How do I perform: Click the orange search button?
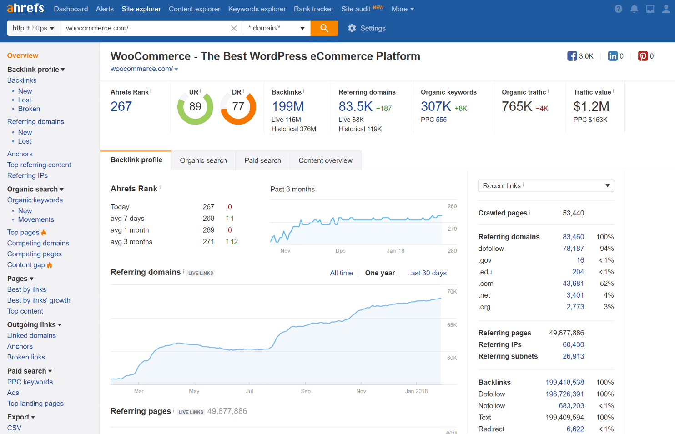click(324, 28)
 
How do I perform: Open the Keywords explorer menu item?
click(257, 9)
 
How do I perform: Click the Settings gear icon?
click(352, 28)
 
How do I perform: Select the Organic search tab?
click(203, 160)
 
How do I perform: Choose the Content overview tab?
click(325, 160)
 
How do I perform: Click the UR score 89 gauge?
click(195, 107)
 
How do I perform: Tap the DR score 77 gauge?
click(238, 107)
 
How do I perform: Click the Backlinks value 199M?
click(287, 106)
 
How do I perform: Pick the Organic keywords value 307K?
click(436, 106)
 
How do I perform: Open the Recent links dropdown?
click(546, 186)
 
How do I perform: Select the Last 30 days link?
click(427, 273)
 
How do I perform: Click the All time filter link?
click(341, 273)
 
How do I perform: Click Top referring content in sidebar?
click(39, 165)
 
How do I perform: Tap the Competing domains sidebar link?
click(38, 243)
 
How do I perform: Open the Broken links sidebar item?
click(26, 357)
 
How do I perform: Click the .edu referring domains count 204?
click(578, 272)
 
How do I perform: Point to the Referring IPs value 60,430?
click(573, 344)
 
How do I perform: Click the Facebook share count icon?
click(572, 56)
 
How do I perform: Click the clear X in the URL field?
click(234, 28)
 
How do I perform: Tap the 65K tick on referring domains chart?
click(452, 325)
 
